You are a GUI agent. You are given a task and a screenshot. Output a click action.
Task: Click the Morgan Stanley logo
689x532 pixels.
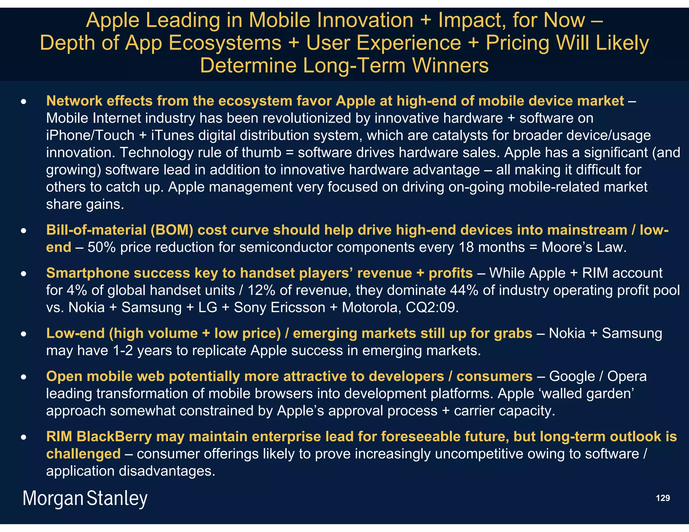click(x=85, y=498)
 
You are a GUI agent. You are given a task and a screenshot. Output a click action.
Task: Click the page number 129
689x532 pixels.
click(x=663, y=498)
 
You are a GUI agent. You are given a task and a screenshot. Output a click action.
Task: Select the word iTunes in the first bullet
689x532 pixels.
click(x=173, y=136)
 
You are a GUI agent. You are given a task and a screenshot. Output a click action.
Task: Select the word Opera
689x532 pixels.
click(x=627, y=376)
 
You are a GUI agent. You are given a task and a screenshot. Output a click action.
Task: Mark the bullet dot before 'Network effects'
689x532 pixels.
click(x=23, y=101)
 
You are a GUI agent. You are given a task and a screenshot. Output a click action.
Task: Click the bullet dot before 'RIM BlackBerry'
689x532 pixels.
click(x=23, y=437)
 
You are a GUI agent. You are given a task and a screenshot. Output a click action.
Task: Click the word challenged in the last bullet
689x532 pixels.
click(x=83, y=454)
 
